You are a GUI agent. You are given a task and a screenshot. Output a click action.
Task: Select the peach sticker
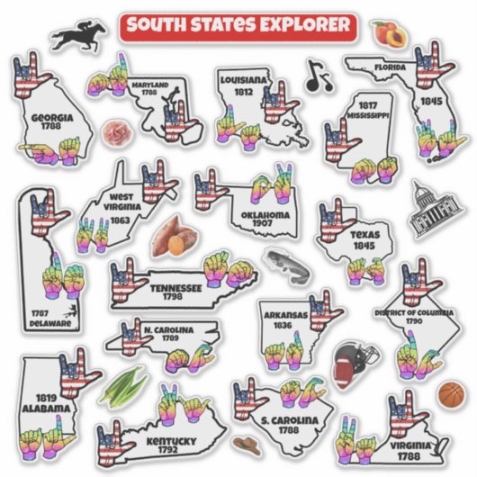click(x=388, y=34)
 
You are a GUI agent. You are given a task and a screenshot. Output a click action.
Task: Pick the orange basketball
click(x=451, y=393)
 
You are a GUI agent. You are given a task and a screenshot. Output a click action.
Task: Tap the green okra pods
click(x=123, y=386)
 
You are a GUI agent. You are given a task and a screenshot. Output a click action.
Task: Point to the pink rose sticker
click(x=113, y=133)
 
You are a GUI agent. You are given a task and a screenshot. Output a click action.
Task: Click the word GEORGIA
click(x=50, y=117)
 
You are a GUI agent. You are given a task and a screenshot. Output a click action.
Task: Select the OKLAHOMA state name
click(x=265, y=216)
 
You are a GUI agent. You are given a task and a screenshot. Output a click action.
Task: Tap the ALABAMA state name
click(x=47, y=408)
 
